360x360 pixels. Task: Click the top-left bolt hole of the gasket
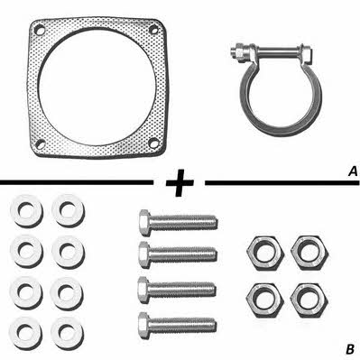click(x=40, y=30)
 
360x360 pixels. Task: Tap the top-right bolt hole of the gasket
click(x=153, y=29)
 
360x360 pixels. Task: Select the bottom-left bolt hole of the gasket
click(x=40, y=143)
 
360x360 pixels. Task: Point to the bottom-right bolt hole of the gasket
click(x=153, y=143)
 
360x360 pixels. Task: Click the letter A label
click(x=353, y=171)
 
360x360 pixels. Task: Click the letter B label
click(x=350, y=349)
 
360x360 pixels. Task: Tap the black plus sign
click(x=180, y=182)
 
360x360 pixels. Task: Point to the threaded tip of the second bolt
click(x=213, y=254)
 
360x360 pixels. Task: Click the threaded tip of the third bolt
click(x=212, y=289)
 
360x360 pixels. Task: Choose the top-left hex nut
click(x=265, y=252)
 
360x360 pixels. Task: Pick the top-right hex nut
click(x=309, y=252)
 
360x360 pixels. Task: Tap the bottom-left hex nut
click(x=265, y=299)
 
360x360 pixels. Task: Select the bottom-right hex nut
click(x=309, y=299)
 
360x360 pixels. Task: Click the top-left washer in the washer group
click(x=26, y=210)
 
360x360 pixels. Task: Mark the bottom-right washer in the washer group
click(x=67, y=332)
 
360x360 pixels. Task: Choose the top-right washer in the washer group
click(x=68, y=210)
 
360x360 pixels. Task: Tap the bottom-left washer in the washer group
click(x=25, y=333)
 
